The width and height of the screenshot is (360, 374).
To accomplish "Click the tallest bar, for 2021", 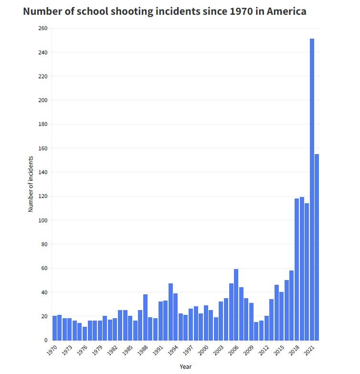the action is click(x=312, y=189).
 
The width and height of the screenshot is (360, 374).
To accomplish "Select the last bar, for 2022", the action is click(x=317, y=247).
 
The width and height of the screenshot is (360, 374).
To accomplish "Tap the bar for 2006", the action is click(x=236, y=304).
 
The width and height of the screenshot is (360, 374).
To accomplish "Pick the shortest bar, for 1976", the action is click(x=85, y=333).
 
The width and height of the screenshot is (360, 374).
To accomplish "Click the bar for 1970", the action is click(x=54, y=328).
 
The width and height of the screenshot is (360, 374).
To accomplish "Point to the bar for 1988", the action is click(x=145, y=317).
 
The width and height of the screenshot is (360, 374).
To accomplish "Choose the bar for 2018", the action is click(x=297, y=269).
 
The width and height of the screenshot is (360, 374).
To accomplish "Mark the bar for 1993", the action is click(x=171, y=312).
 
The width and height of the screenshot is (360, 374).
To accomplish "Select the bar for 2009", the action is click(x=251, y=322).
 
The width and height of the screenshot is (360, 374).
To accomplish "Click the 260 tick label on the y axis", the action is click(x=43, y=28).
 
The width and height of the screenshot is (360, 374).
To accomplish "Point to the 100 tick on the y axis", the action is click(x=43, y=220).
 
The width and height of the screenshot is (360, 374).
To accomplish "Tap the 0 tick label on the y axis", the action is click(x=46, y=341).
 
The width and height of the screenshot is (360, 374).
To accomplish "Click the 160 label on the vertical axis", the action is click(x=43, y=148).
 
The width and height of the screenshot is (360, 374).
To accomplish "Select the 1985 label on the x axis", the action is click(x=127, y=350).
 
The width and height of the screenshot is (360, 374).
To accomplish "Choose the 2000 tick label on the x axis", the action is click(x=203, y=350).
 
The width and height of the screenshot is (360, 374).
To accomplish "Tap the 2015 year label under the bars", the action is click(x=279, y=350).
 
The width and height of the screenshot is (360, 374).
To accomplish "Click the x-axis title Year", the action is click(x=186, y=366).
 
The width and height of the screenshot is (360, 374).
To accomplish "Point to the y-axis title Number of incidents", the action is click(x=31, y=184).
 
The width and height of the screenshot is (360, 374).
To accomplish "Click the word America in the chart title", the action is click(x=286, y=11).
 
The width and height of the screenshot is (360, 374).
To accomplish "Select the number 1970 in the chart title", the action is click(x=241, y=11).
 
